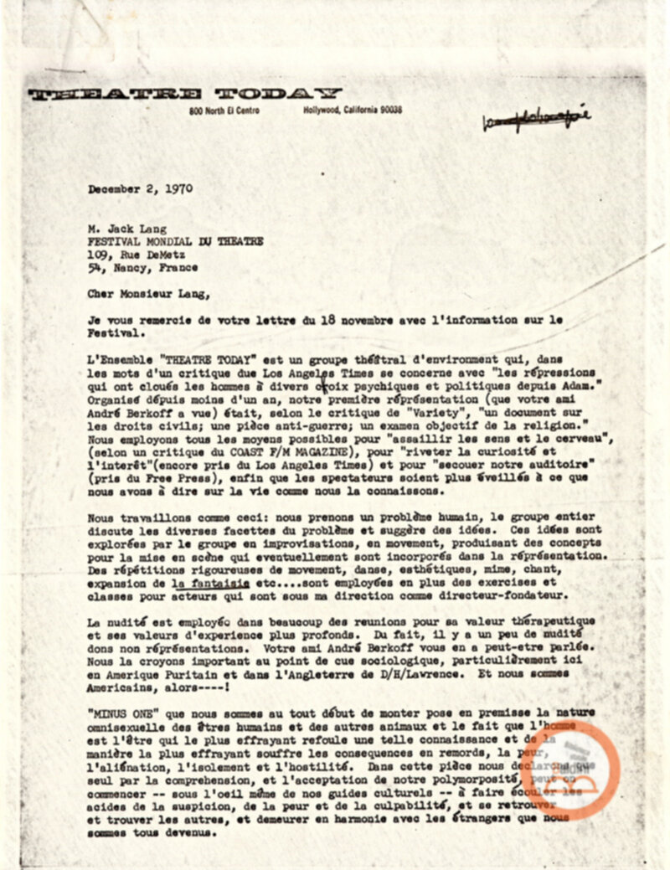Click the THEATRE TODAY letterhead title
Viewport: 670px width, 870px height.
pos(185,93)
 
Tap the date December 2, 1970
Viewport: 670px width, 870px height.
pos(140,189)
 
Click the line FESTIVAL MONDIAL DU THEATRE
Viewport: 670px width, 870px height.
pos(175,242)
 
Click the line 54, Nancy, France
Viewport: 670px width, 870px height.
pos(142,268)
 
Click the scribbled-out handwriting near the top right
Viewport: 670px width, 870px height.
pos(537,121)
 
